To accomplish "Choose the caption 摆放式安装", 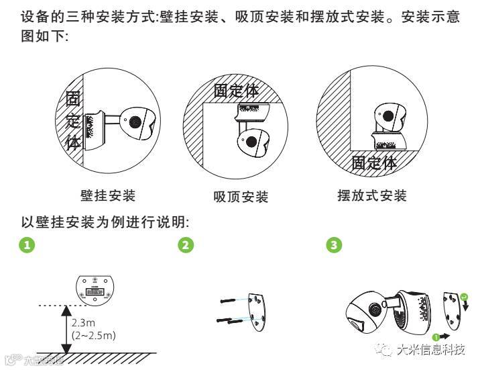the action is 372,196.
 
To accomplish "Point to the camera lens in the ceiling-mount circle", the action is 251,141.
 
